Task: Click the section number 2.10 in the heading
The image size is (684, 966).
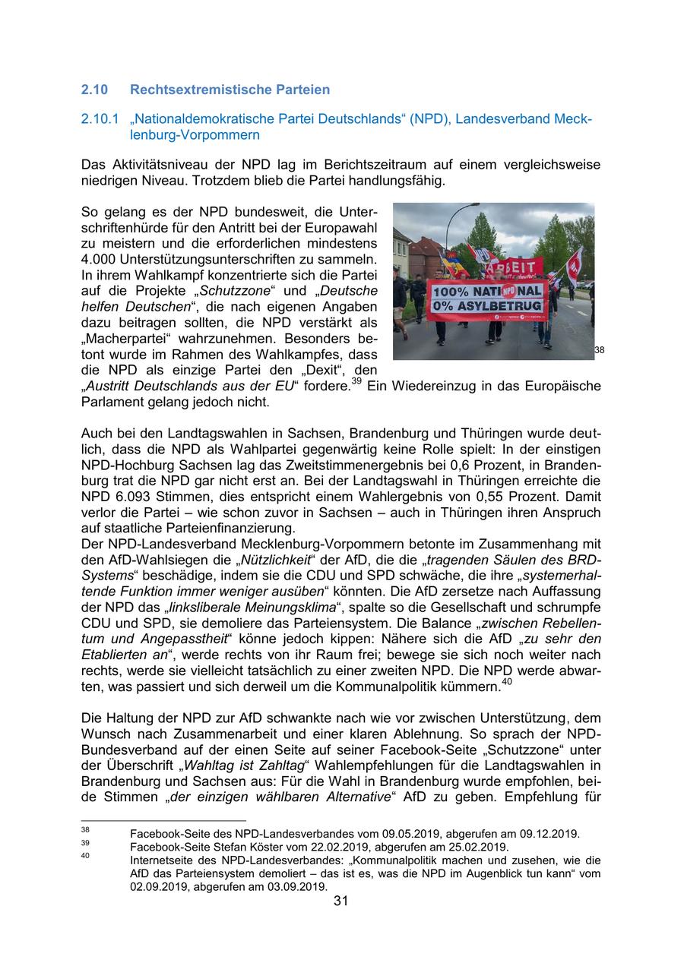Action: coord(94,90)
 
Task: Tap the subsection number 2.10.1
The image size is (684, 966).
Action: coord(100,119)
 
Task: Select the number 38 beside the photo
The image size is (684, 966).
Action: coord(600,350)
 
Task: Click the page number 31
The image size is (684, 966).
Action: coord(341,901)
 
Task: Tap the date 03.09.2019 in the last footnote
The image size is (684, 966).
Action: coord(296,885)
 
